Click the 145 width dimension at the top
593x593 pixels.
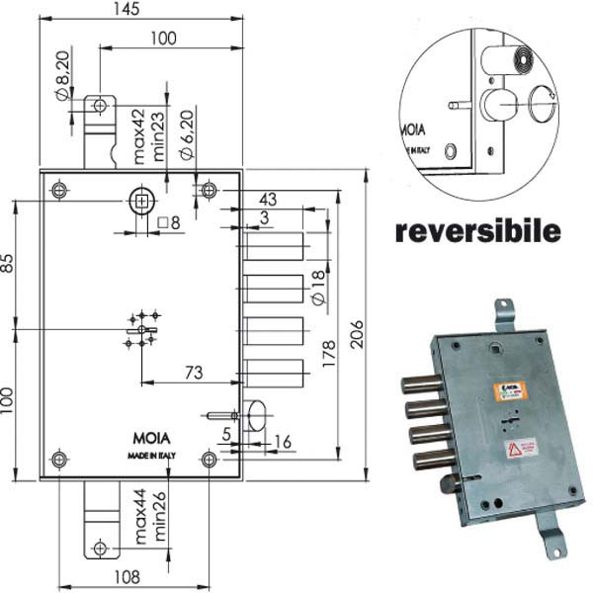pyautogui.click(x=127, y=9)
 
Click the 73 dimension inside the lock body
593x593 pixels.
pyautogui.click(x=195, y=372)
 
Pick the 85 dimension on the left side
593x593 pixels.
pyautogui.click(x=7, y=265)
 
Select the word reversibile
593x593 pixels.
pyautogui.click(x=478, y=232)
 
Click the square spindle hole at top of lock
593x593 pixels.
pyautogui.click(x=142, y=201)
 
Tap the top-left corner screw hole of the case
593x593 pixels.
pyautogui.click(x=60, y=189)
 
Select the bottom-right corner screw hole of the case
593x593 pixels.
pyautogui.click(x=210, y=459)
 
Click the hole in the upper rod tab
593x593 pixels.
pyautogui.click(x=99, y=105)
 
